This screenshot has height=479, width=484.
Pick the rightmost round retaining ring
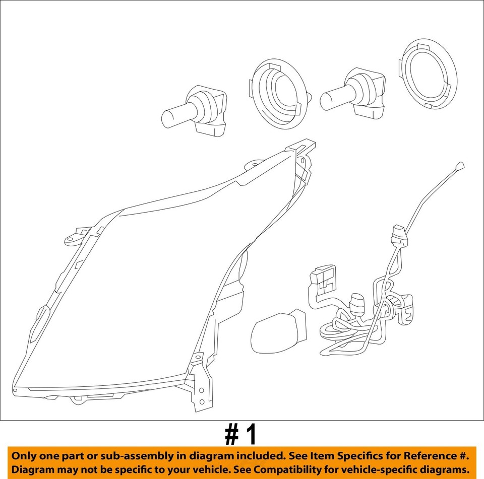point(428,76)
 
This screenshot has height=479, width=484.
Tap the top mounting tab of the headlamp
point(301,147)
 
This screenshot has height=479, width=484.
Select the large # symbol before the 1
point(230,435)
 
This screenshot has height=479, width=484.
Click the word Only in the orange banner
point(24,456)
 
